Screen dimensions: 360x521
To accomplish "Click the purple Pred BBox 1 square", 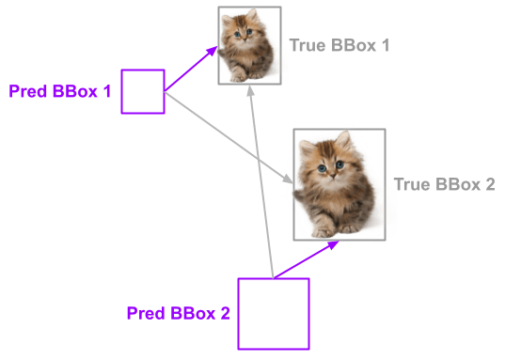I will [143, 91].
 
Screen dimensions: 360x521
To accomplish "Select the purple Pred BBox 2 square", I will [273, 313].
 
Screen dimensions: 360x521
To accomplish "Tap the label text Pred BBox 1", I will [60, 91].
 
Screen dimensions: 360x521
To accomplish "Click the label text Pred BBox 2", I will [179, 312].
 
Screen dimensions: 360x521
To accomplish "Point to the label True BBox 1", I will [339, 45].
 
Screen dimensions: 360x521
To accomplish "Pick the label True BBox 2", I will [444, 185].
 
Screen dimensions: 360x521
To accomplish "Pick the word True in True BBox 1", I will [308, 45].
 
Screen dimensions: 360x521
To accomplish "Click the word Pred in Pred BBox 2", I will [146, 312].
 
